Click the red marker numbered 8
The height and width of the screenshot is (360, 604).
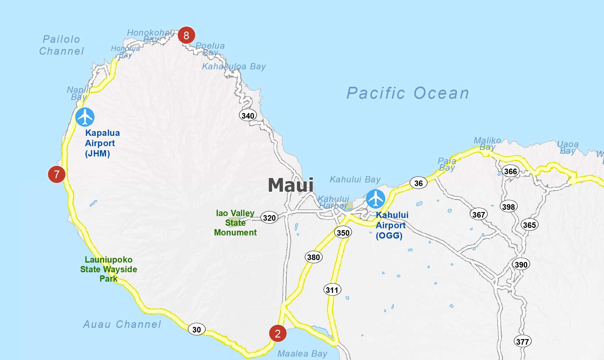tap(186, 35)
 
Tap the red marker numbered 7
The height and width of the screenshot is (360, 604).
tap(56, 174)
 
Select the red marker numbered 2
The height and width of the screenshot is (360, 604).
tap(278, 333)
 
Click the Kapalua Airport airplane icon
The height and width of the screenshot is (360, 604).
tap(85, 117)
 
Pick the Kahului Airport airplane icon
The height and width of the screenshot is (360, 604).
tap(375, 199)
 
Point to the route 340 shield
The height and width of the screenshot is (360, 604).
tap(248, 116)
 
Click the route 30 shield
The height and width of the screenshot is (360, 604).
tap(197, 329)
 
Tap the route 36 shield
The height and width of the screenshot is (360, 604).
tap(418, 183)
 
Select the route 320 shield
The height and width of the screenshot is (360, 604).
tap(269, 218)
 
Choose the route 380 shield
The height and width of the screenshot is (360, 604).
tap(314, 257)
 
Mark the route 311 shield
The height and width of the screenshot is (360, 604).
tap(332, 290)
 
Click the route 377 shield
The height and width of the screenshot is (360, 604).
tap(523, 341)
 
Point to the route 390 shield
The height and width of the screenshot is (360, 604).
tap(521, 264)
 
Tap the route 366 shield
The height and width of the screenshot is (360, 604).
tap(510, 171)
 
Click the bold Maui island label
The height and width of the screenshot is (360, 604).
tap(290, 185)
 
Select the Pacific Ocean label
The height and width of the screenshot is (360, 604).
tap(408, 93)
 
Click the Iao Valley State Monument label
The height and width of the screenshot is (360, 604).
tap(235, 223)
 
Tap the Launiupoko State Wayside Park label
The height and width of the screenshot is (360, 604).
tap(109, 269)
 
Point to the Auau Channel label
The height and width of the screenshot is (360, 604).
tap(122, 324)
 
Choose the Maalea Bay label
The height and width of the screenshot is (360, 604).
tap(302, 353)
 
